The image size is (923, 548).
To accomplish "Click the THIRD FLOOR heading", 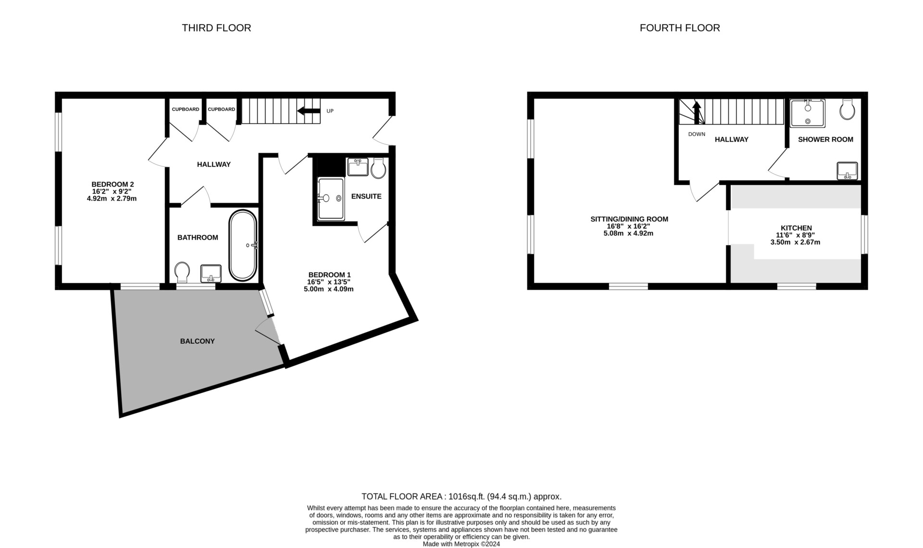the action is [x=216, y=28].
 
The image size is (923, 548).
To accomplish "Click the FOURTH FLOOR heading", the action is [x=680, y=28].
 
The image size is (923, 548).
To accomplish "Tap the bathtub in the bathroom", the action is [x=243, y=245].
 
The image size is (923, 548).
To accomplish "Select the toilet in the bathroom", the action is [x=182, y=272].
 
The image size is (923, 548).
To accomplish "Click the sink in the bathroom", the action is [x=211, y=273].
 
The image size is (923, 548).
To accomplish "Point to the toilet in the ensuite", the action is [x=378, y=168].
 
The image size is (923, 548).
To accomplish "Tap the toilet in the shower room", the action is [x=847, y=110].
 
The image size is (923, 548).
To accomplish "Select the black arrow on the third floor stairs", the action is [x=309, y=111].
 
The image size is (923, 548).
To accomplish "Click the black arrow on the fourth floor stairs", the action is [x=696, y=112].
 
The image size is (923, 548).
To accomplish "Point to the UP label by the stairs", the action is [x=330, y=111].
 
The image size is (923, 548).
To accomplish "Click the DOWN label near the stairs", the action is [x=697, y=134].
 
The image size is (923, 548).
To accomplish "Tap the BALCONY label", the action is [x=197, y=341].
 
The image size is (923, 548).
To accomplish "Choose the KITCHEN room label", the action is [x=796, y=228].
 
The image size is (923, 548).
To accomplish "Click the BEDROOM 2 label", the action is [x=112, y=184].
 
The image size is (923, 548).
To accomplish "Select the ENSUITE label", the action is [x=366, y=196].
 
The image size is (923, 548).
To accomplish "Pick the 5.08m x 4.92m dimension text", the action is [x=628, y=234].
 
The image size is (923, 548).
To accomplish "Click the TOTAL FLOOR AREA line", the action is [x=461, y=497].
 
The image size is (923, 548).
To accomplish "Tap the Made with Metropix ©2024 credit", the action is [x=461, y=544].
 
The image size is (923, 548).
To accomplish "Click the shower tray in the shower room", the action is [x=808, y=113].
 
